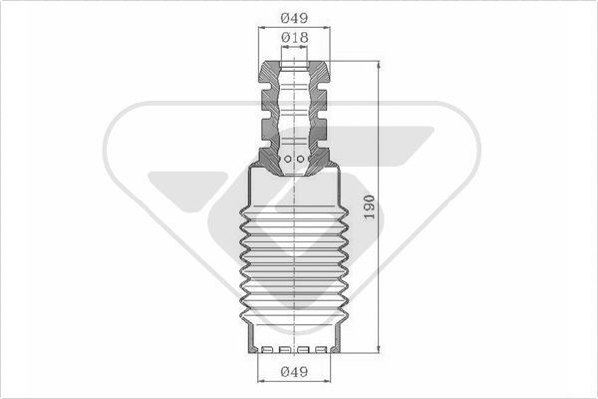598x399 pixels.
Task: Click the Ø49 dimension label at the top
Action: pos(294,18)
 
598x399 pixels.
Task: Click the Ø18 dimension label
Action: pos(294,38)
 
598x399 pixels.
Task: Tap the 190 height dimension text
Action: pos(369,206)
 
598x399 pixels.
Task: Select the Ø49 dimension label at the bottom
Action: pos(294,371)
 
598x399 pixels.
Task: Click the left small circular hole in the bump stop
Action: pos(288,159)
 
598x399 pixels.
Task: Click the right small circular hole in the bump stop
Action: pos(301,159)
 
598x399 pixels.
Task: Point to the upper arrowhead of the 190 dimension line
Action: pos(379,65)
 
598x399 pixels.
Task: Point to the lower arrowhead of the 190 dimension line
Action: pos(379,349)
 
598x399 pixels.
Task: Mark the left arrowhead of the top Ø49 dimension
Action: pos(262,28)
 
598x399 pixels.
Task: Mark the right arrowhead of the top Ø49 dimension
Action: pos(327,28)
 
